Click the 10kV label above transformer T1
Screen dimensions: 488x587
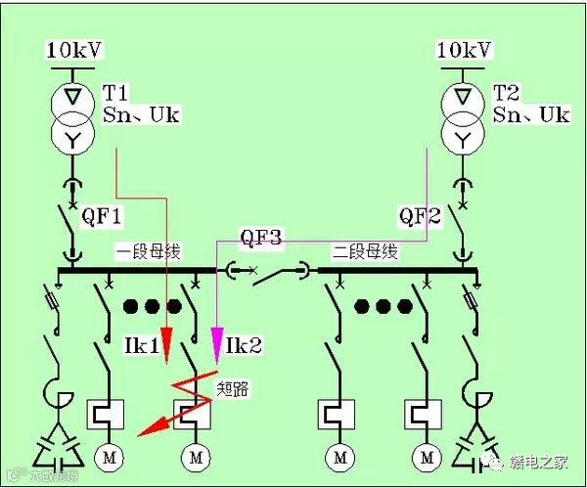point(74,49)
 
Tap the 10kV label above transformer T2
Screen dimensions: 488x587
point(463,49)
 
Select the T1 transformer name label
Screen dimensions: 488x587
point(117,94)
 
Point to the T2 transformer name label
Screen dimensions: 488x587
point(506,94)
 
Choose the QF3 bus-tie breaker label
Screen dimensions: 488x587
point(261,238)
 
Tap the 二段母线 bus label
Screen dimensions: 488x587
point(365,251)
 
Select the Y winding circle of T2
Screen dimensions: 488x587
point(463,138)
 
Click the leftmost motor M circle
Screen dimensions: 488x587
point(104,457)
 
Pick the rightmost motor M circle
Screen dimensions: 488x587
point(426,457)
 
